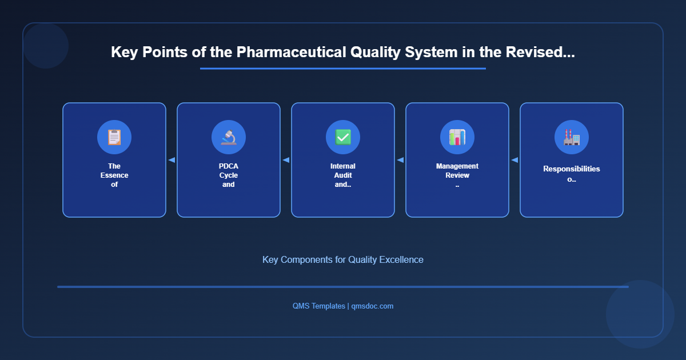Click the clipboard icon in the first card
point(114,137)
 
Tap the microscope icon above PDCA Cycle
point(229,137)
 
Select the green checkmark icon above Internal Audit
point(343,137)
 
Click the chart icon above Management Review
point(457,137)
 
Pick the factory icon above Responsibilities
point(572,137)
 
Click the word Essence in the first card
point(114,175)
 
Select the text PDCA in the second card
point(229,166)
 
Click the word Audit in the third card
point(343,175)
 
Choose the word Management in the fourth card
point(457,166)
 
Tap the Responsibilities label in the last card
point(572,169)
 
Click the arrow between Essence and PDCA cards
point(171,160)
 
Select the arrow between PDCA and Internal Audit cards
point(286,160)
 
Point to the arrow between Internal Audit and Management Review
point(400,160)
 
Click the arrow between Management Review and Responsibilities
point(514,160)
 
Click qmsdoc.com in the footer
point(372,306)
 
